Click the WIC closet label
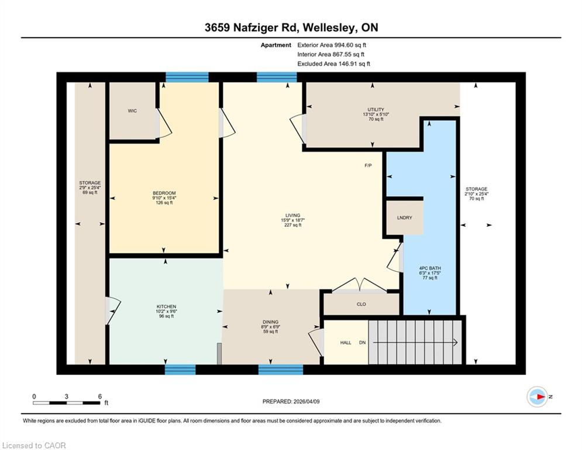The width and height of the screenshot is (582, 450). [x=132, y=111]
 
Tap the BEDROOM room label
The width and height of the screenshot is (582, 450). [x=164, y=193]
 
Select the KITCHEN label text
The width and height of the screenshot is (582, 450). [x=166, y=306]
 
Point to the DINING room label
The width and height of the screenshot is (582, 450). [x=270, y=322]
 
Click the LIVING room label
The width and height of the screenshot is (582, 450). [x=292, y=215]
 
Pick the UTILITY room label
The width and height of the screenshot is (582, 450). [x=376, y=110]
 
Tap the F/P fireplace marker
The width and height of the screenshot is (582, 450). [x=368, y=165]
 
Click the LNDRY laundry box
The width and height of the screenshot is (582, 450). [x=405, y=217]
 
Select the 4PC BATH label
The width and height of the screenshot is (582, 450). [x=430, y=268]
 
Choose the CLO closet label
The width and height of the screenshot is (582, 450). [x=361, y=304]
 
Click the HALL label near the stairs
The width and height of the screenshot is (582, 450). [x=346, y=343]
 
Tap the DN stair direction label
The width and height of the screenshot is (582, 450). [x=362, y=343]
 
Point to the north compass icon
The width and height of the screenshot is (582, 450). [x=537, y=397]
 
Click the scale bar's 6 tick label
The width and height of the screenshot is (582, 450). [x=100, y=397]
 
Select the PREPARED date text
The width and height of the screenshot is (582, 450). [x=291, y=401]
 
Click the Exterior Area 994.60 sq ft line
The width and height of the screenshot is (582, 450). [x=332, y=45]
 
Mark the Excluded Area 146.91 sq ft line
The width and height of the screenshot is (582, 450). [x=333, y=64]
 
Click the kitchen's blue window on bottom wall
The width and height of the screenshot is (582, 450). [x=180, y=369]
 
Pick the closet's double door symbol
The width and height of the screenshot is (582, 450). [x=359, y=285]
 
